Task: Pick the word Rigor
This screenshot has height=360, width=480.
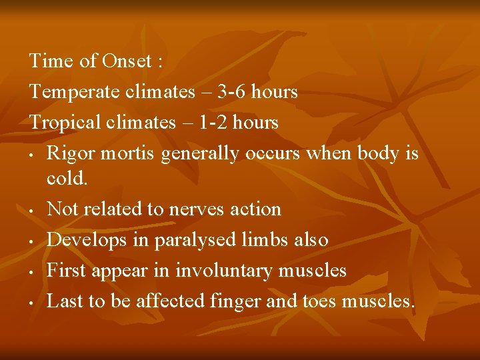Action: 69,153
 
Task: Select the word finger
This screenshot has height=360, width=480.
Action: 235,301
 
